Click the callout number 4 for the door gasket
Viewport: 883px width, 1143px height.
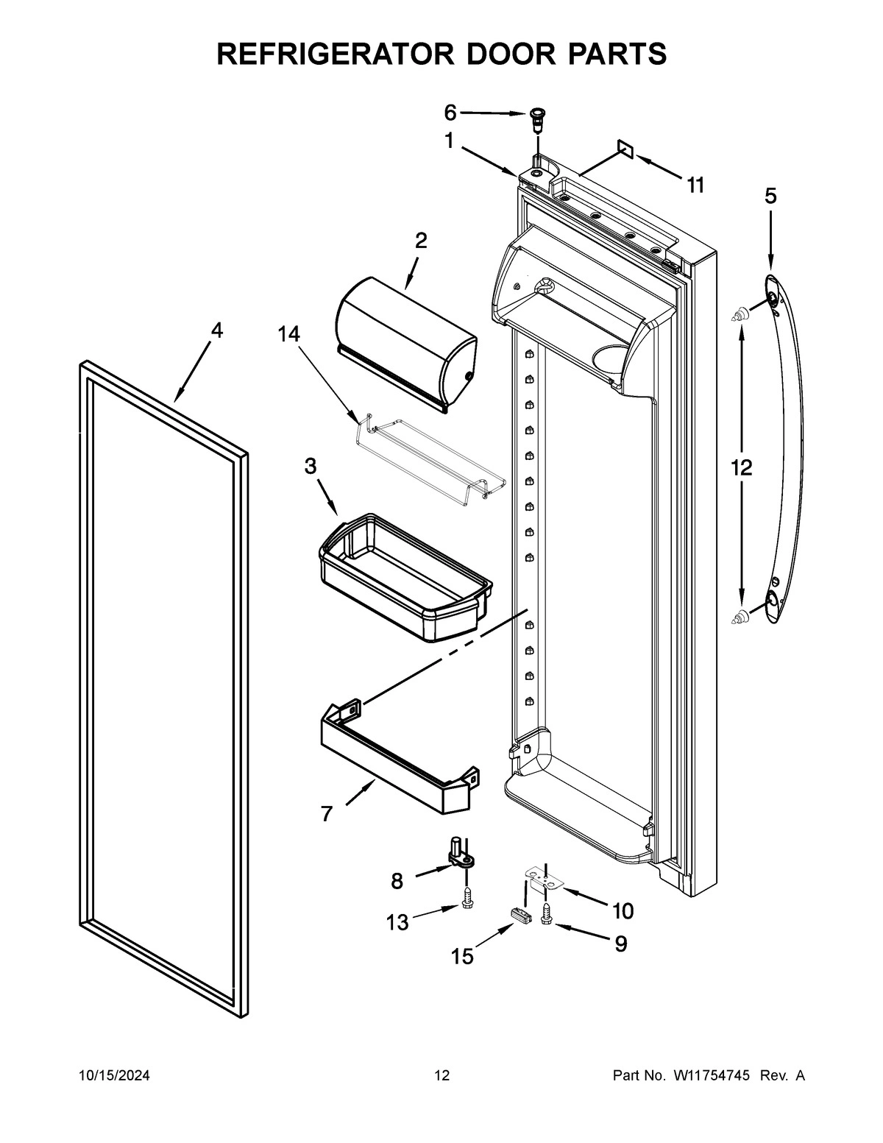pos(216,330)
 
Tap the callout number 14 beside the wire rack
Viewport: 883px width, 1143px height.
pos(288,334)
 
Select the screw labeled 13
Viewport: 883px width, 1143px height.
pos(467,896)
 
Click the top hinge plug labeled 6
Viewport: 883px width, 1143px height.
pos(538,116)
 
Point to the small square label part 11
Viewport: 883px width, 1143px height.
pos(625,151)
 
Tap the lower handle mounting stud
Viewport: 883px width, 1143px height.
pos(739,616)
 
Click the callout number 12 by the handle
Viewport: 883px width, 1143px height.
pos(741,467)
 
